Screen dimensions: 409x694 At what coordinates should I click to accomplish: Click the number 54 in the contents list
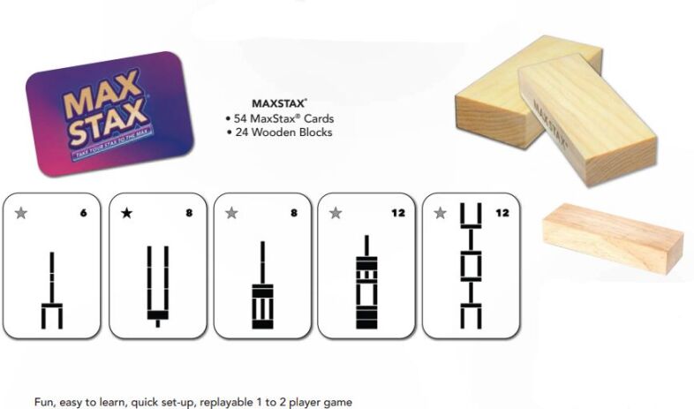click(x=241, y=118)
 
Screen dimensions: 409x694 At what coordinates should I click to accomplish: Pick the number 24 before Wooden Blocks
click(x=241, y=133)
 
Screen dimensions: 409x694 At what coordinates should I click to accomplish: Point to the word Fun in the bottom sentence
click(x=45, y=401)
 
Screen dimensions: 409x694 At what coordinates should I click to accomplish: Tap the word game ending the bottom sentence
click(x=336, y=401)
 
